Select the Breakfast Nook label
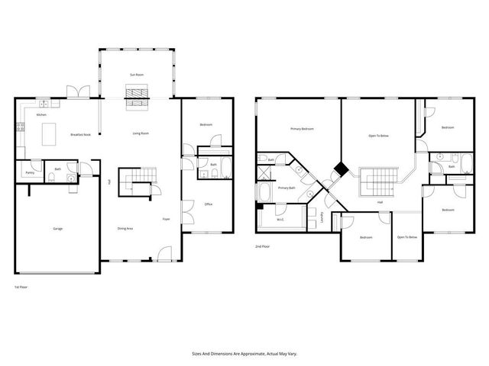82,134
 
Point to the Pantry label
30,173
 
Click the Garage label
57,229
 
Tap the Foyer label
165,219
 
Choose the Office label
208,204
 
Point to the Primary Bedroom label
302,129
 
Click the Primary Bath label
287,188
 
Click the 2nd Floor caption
264,246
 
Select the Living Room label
140,133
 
